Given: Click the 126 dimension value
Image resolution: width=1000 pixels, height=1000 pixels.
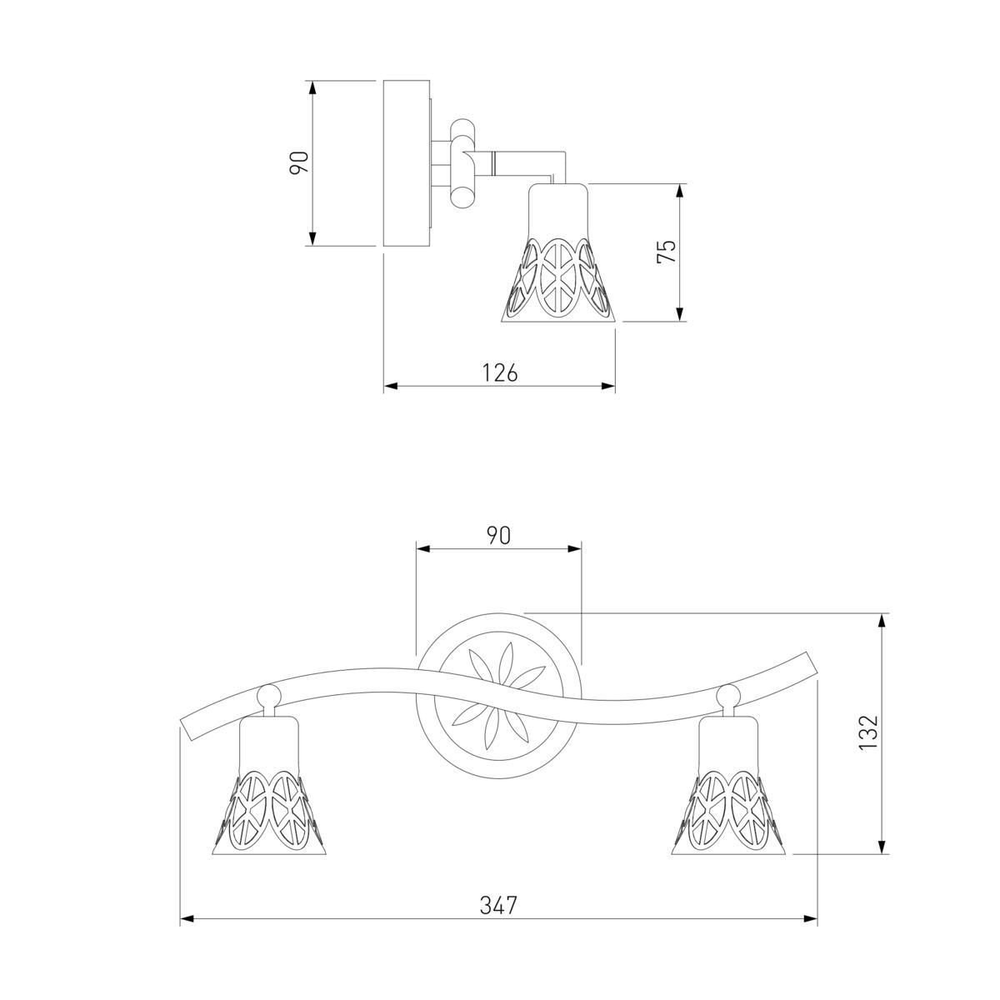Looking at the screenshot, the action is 500,372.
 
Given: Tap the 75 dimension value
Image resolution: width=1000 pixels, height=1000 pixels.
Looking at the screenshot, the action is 667,251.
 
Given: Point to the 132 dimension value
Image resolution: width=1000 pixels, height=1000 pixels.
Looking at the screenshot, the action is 867,732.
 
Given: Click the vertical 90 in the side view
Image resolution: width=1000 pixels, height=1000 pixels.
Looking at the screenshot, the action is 299,163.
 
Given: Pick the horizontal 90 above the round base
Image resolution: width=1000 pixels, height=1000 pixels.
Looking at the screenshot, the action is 498,536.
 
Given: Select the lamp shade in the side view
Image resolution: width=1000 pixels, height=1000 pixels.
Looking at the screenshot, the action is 557,252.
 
